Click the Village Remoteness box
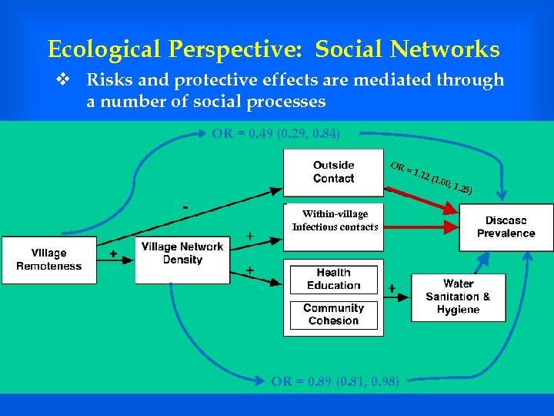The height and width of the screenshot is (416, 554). pos(49,260)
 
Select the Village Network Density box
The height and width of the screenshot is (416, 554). pos(182,254)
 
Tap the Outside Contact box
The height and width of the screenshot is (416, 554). pos(333,172)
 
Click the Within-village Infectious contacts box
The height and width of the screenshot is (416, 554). pos(335,221)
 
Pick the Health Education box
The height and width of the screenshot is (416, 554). pos(333,279)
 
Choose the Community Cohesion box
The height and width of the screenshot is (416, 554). pos(333,314)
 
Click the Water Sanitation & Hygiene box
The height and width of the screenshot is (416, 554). pos(458,297)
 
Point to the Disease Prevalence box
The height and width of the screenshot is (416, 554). pos(506,226)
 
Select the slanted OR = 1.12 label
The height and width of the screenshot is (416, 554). pos(431,178)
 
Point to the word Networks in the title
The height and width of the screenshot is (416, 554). pos(444,50)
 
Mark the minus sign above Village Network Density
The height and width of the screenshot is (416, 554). pos(185,207)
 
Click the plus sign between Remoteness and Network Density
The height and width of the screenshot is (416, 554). pos(114,253)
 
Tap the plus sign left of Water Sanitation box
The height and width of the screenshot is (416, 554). pos(392,288)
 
